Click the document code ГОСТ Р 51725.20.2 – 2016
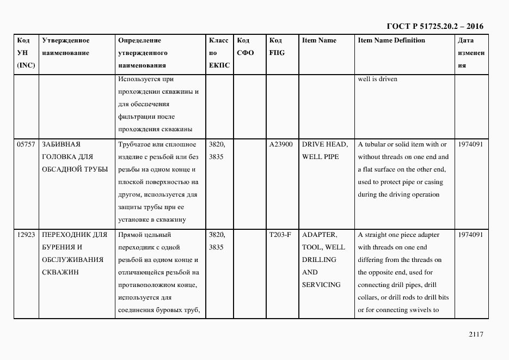434,26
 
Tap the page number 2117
475,334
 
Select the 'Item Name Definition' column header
391,40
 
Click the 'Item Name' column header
319,40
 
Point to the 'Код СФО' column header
246,47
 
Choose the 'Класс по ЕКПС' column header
219,53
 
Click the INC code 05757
26,144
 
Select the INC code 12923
26,235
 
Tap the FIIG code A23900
281,144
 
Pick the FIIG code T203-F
280,235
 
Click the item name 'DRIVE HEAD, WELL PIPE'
324,150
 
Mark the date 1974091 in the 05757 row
471,144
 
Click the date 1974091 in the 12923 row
471,235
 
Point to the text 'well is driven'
377,79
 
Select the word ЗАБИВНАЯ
61,144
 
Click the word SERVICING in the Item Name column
321,285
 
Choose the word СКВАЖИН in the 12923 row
60,272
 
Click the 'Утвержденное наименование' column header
65,47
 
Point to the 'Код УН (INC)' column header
26,53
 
